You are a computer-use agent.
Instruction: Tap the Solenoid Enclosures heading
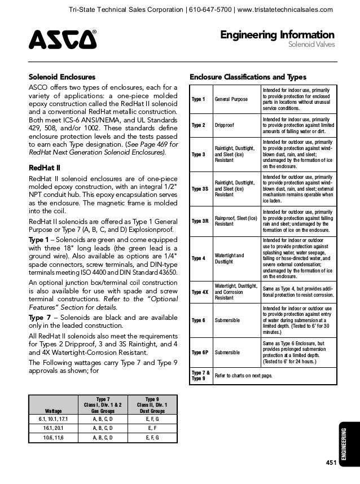point(62,77)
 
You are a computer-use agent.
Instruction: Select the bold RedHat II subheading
point(45,168)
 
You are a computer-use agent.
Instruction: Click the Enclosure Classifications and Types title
point(248,77)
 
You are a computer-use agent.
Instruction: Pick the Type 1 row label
point(199,99)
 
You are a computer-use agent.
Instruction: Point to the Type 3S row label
point(200,188)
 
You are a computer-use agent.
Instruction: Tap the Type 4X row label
point(200,293)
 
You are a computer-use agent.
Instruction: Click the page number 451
point(331,463)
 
